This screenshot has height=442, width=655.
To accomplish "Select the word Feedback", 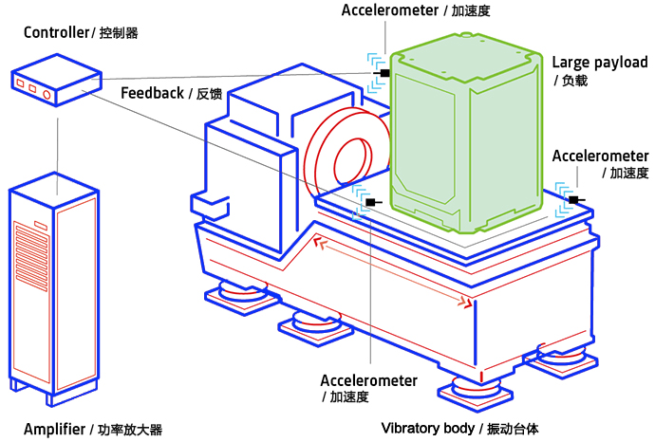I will coord(152,93).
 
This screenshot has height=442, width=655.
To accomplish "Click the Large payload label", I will coord(600,63).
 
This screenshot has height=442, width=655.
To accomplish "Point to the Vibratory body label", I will coord(426,428).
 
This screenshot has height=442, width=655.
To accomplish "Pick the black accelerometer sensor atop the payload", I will coord(383,73).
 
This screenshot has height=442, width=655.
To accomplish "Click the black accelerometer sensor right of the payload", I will coord(574,199).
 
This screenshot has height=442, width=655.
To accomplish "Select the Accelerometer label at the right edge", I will coord(600,156).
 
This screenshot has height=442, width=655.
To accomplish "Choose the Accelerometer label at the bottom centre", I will coord(368,380).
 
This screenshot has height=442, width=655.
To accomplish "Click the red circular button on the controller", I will coord(46,94).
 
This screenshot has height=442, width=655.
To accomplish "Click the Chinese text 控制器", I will coord(119,33).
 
